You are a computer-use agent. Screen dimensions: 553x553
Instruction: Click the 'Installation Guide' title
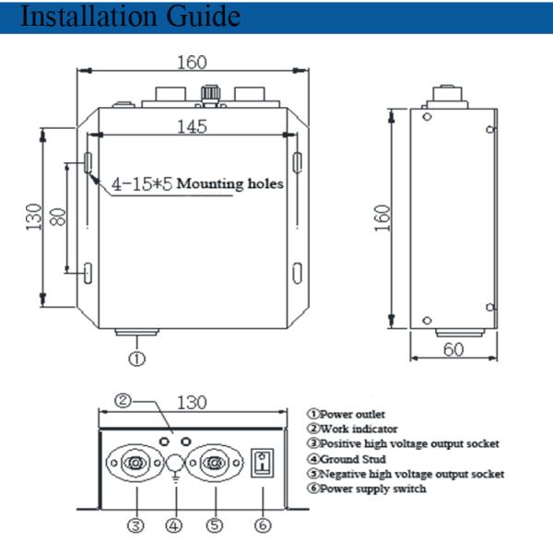tap(128, 17)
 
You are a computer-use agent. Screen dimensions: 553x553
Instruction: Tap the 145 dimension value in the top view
tap(191, 129)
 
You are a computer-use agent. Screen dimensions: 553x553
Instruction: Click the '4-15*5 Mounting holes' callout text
tap(196, 183)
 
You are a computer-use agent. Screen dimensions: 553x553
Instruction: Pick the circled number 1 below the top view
tap(135, 359)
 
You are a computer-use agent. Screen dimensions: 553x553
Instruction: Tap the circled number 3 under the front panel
tap(135, 525)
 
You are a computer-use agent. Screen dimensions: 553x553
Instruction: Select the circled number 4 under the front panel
tap(175, 525)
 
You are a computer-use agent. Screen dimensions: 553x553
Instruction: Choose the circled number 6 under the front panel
tap(263, 525)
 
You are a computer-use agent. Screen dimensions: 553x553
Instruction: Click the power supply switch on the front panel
tap(263, 461)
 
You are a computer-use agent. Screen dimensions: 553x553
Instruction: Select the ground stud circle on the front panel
tap(175, 462)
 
